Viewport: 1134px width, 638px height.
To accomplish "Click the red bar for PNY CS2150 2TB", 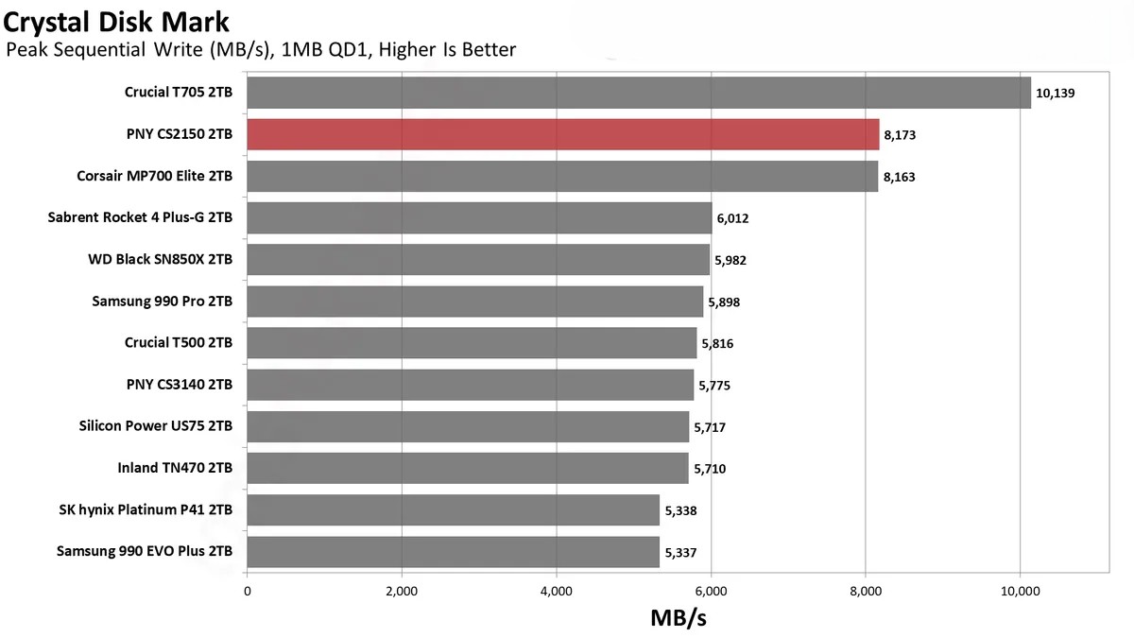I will pyautogui.click(x=562, y=134).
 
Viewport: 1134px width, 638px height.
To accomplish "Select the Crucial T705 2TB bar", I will pyautogui.click(x=638, y=93).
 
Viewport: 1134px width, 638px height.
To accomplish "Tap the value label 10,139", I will pyautogui.click(x=1056, y=94).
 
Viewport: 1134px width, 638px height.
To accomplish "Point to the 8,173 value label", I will pyautogui.click(x=900, y=135).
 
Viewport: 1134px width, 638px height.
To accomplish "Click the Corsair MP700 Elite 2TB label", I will pyautogui.click(x=154, y=176).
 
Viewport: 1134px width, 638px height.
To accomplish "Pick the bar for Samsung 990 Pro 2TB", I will pyautogui.click(x=474, y=302).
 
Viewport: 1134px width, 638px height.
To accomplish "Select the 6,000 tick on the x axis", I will pyautogui.click(x=711, y=591).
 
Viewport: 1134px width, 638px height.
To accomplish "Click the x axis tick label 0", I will pyautogui.click(x=248, y=591).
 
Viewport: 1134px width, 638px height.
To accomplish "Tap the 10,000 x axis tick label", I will pyautogui.click(x=1020, y=591).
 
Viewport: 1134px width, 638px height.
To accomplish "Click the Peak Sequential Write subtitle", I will pyautogui.click(x=261, y=49).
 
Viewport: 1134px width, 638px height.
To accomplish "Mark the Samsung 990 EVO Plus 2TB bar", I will pyautogui.click(x=453, y=551).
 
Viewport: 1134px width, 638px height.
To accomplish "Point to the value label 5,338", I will pyautogui.click(x=680, y=510).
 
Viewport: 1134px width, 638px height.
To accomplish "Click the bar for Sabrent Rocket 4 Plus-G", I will pyautogui.click(x=479, y=218).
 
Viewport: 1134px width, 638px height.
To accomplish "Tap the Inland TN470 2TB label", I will pyautogui.click(x=175, y=468).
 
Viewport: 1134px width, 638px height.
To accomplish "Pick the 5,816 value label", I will pyautogui.click(x=716, y=343).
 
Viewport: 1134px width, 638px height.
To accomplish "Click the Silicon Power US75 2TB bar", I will pyautogui.click(x=468, y=426).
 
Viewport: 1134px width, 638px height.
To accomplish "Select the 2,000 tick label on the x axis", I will pyautogui.click(x=402, y=591).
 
